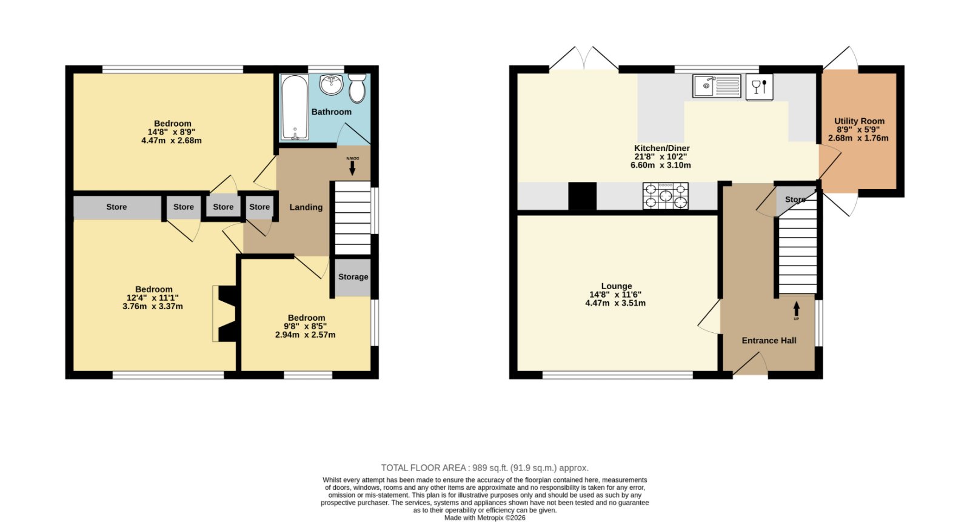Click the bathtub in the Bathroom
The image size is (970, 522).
295,107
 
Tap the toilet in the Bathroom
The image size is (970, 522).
357,89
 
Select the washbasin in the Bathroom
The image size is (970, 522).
331,84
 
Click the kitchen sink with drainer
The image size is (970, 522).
717,85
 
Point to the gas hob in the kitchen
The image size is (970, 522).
666,196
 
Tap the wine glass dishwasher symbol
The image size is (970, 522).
760,87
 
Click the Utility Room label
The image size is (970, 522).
859,121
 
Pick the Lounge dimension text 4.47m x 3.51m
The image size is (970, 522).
615,303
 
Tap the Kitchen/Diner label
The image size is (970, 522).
661,148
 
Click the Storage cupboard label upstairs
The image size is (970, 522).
353,277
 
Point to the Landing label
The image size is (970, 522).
306,207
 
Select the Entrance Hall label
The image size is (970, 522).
769,341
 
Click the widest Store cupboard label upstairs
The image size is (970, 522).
116,207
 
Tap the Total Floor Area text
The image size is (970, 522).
484,468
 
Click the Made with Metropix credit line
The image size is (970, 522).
484,518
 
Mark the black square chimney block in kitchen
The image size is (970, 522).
583,196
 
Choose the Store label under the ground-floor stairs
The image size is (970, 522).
795,199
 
